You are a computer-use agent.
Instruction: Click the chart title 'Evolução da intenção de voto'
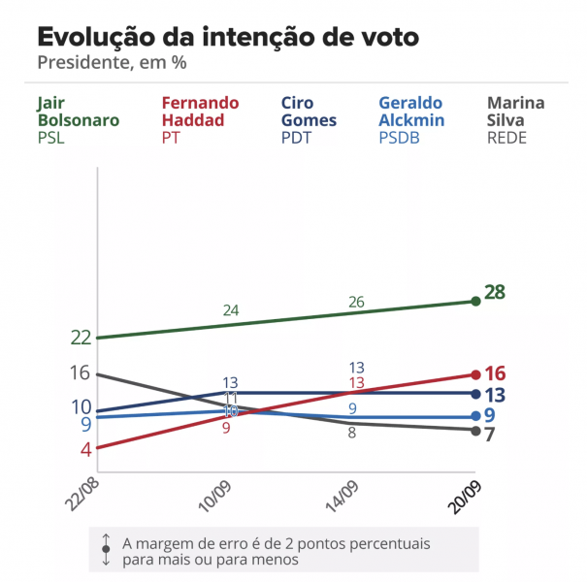228,38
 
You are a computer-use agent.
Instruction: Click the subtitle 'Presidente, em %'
112,64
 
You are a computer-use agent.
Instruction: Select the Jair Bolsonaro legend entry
79,119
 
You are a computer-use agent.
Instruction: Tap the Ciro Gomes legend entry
309,119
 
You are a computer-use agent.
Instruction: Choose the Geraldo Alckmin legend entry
411,119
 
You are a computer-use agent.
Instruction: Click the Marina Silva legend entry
516,119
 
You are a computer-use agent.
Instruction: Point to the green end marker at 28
475,301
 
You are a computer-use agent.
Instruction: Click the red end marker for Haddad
475,374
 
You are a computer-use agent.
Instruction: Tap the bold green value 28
496,293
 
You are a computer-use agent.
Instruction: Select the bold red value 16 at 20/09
496,373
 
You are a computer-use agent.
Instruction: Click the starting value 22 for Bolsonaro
81,338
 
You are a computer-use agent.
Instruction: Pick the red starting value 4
86,449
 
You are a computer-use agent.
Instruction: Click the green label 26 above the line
356,302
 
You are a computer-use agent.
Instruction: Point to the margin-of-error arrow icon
106,550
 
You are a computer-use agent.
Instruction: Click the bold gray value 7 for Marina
490,434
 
